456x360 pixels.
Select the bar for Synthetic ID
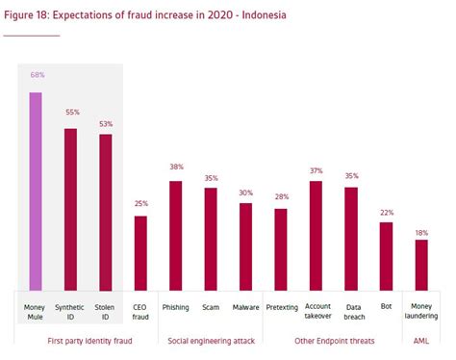coord(71,208)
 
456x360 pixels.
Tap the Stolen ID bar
coord(106,212)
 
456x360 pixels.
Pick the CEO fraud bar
coord(140,252)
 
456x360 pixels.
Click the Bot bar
coord(386,255)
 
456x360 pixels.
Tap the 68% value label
coord(37,74)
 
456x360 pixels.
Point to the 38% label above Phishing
coord(175,167)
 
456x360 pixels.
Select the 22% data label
coord(386,212)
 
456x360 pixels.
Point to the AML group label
coord(420,340)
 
